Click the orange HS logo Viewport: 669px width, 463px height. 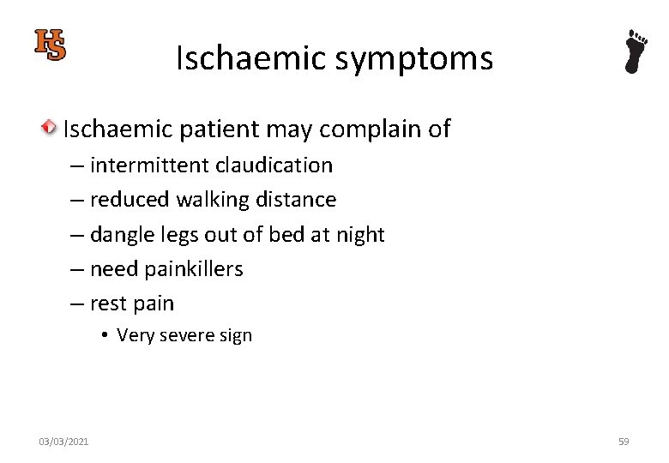click(x=50, y=45)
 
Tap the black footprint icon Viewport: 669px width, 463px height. click(x=636, y=51)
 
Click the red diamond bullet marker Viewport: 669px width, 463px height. click(x=51, y=129)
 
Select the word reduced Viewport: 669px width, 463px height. click(x=130, y=200)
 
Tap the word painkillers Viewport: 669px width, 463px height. click(x=194, y=269)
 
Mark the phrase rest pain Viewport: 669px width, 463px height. click(x=132, y=304)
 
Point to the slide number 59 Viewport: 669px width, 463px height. click(x=623, y=442)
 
